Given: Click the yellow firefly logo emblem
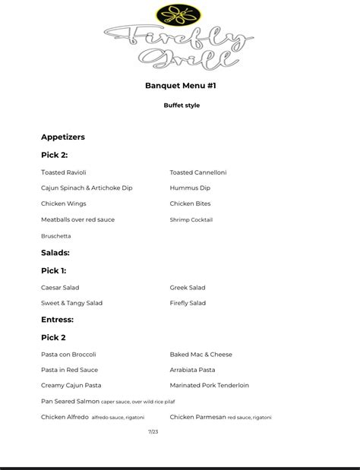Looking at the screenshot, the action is (x=180, y=14).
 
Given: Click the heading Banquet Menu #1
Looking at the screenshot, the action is (x=181, y=86).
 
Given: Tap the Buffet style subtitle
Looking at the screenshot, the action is (x=182, y=106).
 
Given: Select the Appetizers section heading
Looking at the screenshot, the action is (x=63, y=137).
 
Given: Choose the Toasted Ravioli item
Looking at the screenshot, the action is (x=64, y=172).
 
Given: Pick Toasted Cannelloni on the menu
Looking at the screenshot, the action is (x=198, y=172).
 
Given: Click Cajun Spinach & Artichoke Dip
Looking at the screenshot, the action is (x=87, y=188).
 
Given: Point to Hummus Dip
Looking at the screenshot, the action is (x=190, y=188).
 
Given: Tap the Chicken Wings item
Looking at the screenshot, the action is (x=64, y=203).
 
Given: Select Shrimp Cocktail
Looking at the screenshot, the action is (x=191, y=219).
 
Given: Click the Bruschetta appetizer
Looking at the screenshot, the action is (x=56, y=236).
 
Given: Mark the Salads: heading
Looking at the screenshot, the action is (x=55, y=253).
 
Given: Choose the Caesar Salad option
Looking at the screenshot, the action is (x=60, y=288).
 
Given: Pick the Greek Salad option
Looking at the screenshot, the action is (x=188, y=288).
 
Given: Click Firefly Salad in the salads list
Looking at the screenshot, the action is (x=188, y=303).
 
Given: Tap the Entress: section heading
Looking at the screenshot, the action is (x=58, y=320).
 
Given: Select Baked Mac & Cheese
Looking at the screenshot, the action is (x=201, y=355).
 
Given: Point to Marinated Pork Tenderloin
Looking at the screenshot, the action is (x=210, y=386).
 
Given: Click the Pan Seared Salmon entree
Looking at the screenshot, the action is (x=70, y=401).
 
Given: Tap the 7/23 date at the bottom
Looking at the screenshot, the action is (x=153, y=431).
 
